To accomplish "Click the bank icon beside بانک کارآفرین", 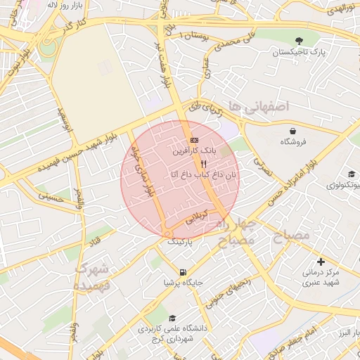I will pyautogui.click(x=195, y=141).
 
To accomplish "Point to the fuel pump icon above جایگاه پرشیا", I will pyautogui.click(x=183, y=272).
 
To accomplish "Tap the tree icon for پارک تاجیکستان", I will pyautogui.click(x=300, y=41).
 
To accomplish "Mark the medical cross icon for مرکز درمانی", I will pyautogui.click(x=321, y=262).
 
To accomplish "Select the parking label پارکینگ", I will pyautogui.click(x=178, y=240).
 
